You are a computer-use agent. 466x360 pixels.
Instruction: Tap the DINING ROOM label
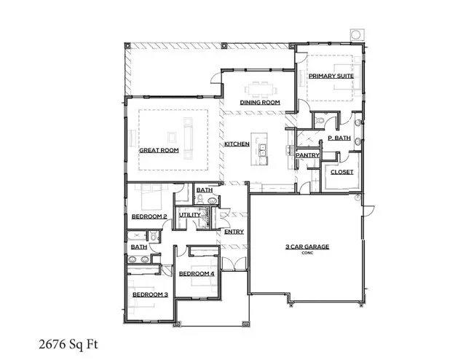[261, 103]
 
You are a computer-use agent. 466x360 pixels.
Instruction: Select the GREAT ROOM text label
[159, 150]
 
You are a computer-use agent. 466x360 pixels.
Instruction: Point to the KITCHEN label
[237, 144]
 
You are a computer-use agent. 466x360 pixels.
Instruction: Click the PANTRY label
[304, 154]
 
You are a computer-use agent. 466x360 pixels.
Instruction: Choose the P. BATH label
[339, 138]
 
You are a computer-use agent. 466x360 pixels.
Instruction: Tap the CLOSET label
[341, 172]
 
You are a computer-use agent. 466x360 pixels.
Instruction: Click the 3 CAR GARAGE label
[307, 247]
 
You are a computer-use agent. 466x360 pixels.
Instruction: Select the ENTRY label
[234, 232]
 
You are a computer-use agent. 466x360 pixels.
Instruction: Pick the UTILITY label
[189, 215]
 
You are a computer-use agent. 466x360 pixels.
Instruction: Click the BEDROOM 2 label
[149, 216]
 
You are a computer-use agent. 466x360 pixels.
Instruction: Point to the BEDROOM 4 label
[197, 273]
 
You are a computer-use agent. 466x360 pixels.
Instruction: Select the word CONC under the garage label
[307, 254]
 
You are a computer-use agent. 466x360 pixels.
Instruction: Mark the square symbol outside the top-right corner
[356, 34]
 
